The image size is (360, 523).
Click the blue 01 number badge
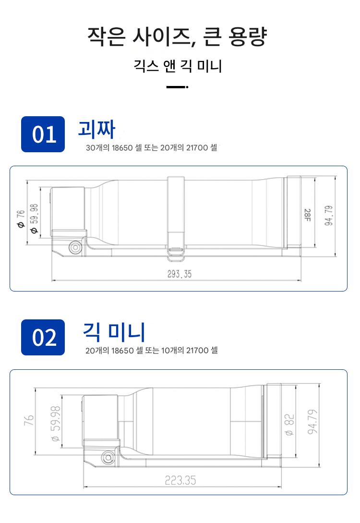coord(43,134)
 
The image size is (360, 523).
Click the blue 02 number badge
coord(43,337)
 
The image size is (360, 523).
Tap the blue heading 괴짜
coord(96,129)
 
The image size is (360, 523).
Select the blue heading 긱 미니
coord(114,332)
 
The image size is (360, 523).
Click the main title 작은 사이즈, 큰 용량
coord(177,36)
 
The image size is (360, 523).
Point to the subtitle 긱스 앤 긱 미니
coord(178,66)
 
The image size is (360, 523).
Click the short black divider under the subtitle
coord(177,87)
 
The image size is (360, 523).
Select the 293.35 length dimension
coord(180,274)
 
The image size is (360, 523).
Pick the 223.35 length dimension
coord(180,480)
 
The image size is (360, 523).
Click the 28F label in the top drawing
coord(307,215)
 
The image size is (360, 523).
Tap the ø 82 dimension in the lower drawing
coord(289,425)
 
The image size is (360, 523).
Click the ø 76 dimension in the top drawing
coord(21,219)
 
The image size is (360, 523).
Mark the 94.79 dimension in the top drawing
coord(329,216)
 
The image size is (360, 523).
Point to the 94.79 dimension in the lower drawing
coord(312,422)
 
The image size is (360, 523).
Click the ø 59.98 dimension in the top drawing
coord(35,219)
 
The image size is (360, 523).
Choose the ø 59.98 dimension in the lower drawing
coord(56,423)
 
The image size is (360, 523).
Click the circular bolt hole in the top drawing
coord(75,247)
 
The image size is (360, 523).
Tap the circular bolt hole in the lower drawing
coord(108,457)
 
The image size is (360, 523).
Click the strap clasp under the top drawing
coord(176,253)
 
